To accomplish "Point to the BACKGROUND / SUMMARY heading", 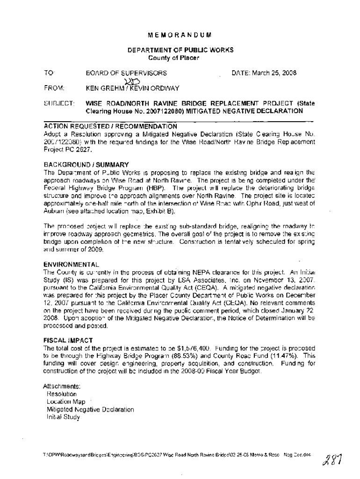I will [x=86, y=165].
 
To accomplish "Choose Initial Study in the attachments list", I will [x=64, y=417].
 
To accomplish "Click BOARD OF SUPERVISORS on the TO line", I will [x=126, y=73].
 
